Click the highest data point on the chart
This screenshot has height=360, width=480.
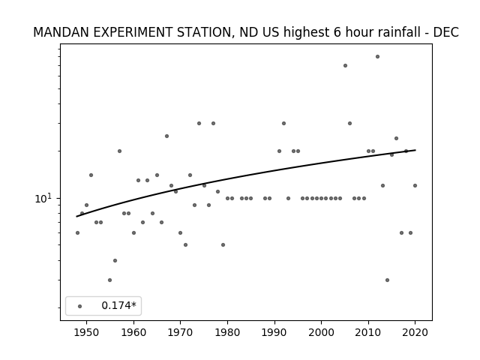(377, 57)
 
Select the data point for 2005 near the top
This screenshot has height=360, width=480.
(345, 65)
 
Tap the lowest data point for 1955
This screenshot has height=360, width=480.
(110, 280)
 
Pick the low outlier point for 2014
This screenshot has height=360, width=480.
(387, 280)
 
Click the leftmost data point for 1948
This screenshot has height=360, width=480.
(77, 233)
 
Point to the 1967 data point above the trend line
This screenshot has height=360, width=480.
(166, 136)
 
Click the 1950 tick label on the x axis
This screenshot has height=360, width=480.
(87, 332)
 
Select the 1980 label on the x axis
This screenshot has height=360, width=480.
(227, 332)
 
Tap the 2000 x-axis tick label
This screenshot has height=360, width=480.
(322, 332)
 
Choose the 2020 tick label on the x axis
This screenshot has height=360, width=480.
(415, 332)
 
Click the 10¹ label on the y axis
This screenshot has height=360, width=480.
(43, 198)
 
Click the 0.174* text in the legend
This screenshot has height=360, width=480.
(118, 305)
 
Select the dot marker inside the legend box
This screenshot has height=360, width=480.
(80, 306)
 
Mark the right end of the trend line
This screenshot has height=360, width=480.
(415, 150)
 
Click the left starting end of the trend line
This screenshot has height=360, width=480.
(76, 217)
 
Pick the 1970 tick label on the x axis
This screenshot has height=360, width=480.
(180, 332)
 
